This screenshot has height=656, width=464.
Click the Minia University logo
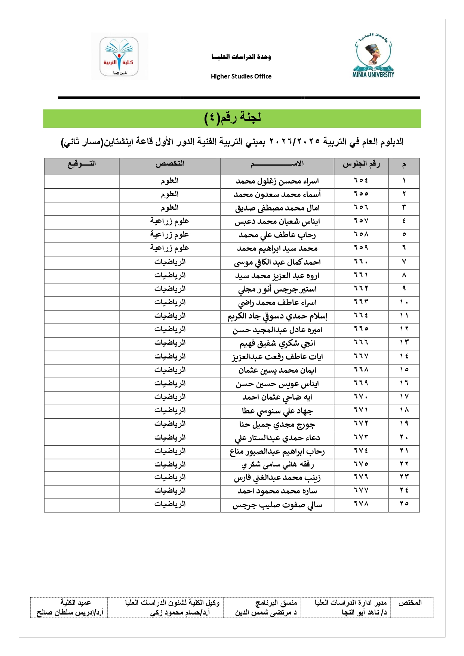click(373, 56)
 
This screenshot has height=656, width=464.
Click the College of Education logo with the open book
click(119, 56)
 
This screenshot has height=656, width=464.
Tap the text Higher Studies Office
click(241, 76)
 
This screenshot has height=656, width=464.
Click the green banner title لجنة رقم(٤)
click(232, 118)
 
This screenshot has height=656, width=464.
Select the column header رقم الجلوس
click(361, 164)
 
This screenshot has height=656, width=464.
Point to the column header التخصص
click(170, 164)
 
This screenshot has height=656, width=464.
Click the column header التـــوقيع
click(82, 164)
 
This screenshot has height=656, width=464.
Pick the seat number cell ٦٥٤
click(361, 181)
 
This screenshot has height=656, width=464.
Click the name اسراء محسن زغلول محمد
click(277, 182)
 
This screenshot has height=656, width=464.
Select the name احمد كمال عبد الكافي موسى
click(277, 262)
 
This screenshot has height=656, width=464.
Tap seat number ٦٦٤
click(361, 316)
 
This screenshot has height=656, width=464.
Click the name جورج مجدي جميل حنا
click(277, 425)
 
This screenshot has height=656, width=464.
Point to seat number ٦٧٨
click(361, 504)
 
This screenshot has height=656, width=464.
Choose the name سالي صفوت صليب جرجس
click(277, 505)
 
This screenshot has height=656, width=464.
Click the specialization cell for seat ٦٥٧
click(170, 221)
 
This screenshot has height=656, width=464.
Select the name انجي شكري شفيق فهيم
click(277, 344)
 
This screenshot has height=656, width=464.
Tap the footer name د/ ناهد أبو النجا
click(364, 613)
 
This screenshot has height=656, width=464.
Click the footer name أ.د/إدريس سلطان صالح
click(70, 613)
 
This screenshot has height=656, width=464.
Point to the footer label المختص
click(410, 603)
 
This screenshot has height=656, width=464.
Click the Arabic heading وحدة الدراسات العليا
click(241, 57)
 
